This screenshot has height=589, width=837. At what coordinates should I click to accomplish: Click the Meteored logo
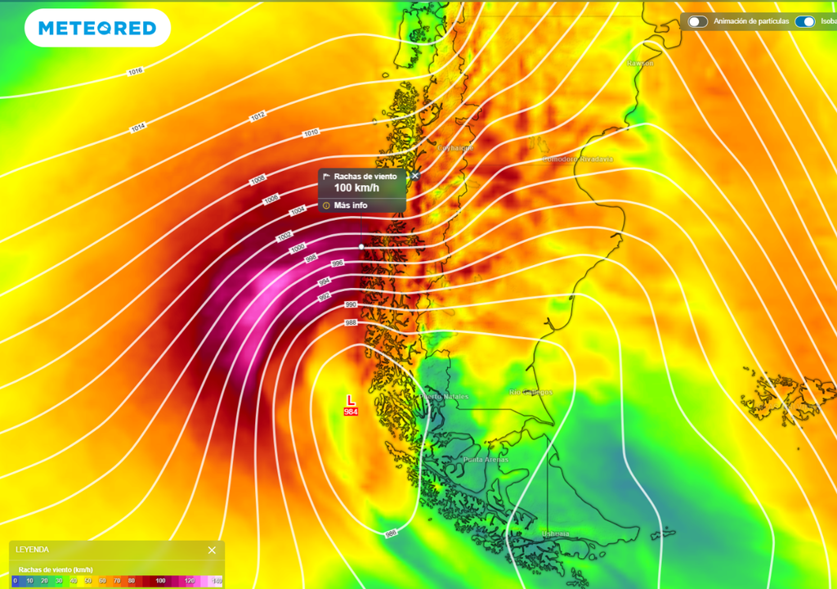[97, 28]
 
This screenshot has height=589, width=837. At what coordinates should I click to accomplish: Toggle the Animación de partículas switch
[697, 21]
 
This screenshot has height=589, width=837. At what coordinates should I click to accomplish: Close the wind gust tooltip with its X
[415, 176]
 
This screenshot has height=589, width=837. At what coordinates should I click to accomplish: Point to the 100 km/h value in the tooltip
[356, 188]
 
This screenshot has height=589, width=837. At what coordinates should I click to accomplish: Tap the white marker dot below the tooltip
[361, 246]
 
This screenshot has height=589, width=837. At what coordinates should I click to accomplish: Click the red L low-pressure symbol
[351, 399]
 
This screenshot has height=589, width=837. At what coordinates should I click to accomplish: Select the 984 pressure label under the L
[351, 411]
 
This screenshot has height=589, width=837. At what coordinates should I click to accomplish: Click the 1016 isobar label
[136, 71]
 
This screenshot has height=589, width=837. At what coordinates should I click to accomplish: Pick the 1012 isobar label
[258, 117]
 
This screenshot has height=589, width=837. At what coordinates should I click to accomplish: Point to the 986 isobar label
[391, 533]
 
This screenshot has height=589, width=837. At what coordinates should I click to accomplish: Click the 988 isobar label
[351, 323]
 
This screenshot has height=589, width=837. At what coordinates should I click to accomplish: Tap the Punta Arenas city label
[486, 460]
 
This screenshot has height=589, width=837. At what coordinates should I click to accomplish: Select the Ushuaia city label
[555, 533]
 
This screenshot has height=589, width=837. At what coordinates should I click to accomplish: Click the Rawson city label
[641, 63]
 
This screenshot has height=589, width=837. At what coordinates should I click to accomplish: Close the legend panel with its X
[212, 550]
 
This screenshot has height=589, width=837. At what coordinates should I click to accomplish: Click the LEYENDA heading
[32, 550]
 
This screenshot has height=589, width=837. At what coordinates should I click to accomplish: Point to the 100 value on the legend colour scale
[160, 580]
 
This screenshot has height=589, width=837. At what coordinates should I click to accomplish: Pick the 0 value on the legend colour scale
[15, 580]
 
